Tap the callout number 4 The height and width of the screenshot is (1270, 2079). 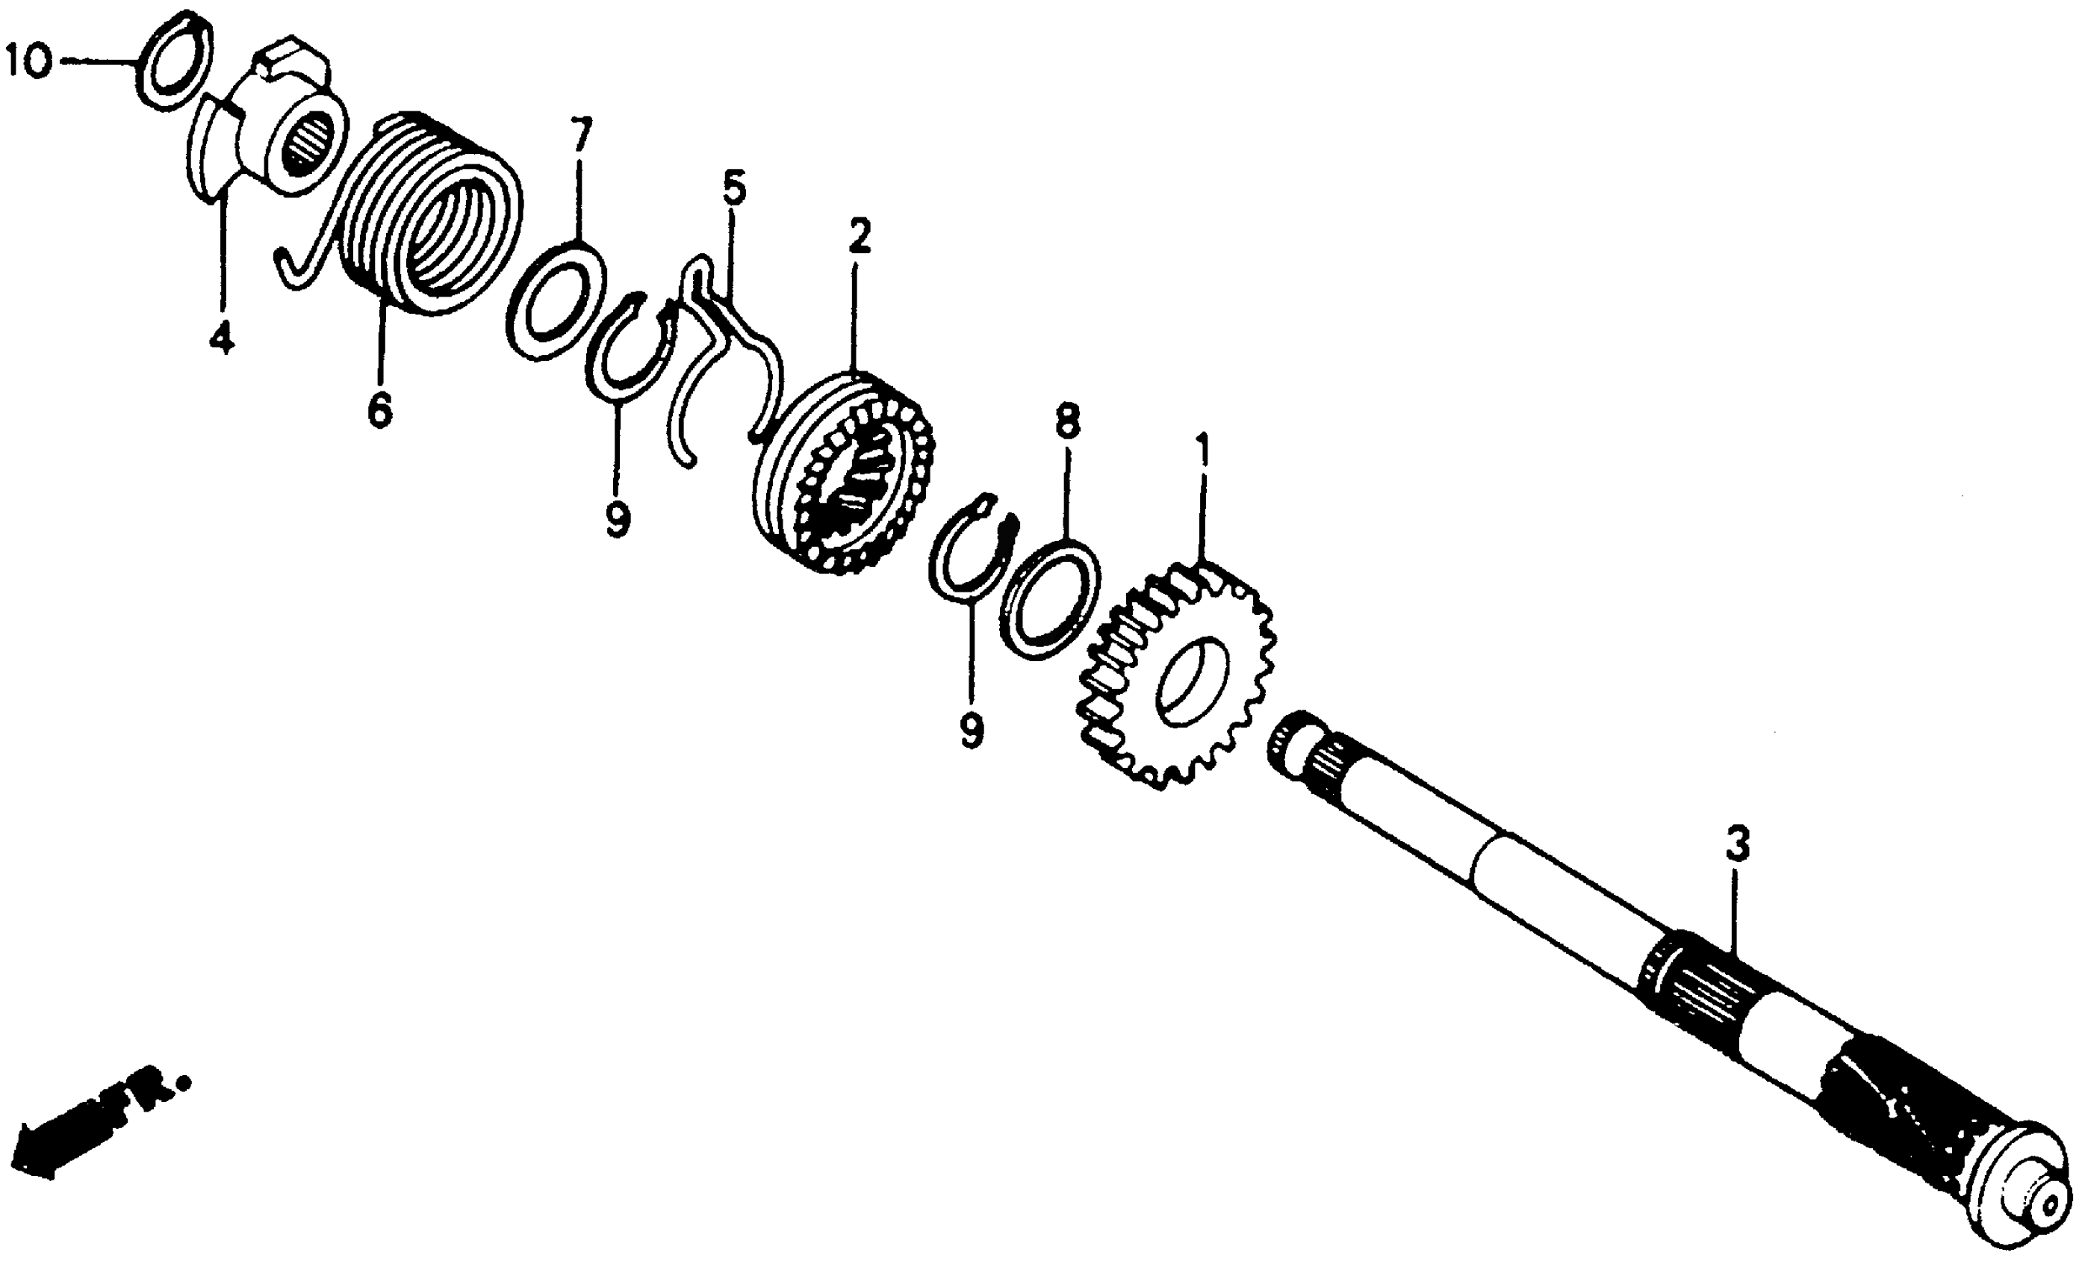click(x=221, y=338)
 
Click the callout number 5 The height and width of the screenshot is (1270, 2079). click(x=733, y=190)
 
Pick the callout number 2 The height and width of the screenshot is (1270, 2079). click(x=859, y=237)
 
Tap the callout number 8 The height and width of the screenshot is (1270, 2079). click(x=1067, y=422)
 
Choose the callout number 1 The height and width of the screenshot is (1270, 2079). click(x=1202, y=453)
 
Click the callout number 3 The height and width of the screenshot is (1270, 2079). click(x=1736, y=844)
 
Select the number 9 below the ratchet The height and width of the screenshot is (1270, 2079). click(x=971, y=730)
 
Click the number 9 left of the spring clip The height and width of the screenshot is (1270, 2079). click(x=617, y=519)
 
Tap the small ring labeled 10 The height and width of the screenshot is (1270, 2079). click(x=174, y=59)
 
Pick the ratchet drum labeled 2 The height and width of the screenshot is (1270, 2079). click(x=844, y=473)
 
